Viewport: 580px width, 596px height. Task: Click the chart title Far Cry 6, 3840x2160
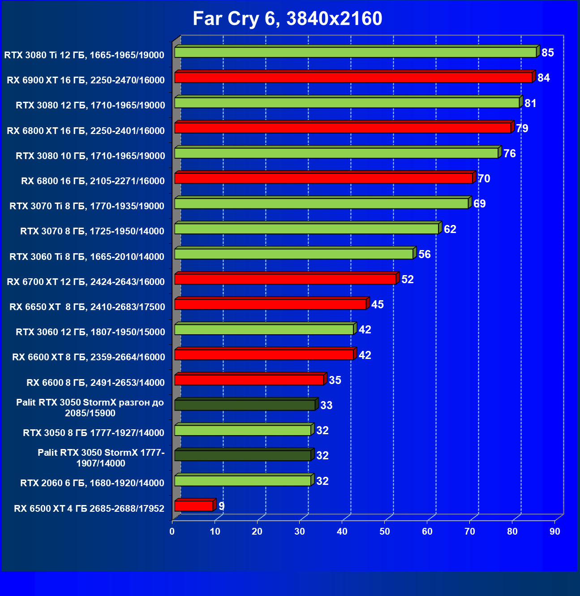[287, 19]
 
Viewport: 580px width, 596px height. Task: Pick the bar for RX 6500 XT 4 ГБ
[193, 506]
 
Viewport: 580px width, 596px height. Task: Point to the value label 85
[547, 53]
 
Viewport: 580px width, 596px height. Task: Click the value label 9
[221, 506]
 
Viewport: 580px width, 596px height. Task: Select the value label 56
[424, 255]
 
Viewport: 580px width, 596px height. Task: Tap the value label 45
[377, 305]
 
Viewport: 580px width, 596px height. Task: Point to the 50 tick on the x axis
[385, 531]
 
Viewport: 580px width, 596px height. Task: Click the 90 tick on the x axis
[554, 531]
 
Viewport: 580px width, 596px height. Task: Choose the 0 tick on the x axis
[172, 531]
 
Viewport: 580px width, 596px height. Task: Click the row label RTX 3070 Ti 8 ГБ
[87, 206]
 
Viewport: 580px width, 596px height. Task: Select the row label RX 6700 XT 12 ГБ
[86, 282]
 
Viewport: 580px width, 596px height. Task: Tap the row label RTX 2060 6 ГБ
[92, 483]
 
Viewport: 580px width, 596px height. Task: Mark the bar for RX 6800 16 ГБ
[323, 178]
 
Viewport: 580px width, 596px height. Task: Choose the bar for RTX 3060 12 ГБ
[264, 330]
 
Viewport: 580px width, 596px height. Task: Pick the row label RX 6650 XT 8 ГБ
[87, 307]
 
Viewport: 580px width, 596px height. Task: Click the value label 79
[522, 129]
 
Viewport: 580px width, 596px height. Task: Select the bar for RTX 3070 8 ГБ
[306, 229]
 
